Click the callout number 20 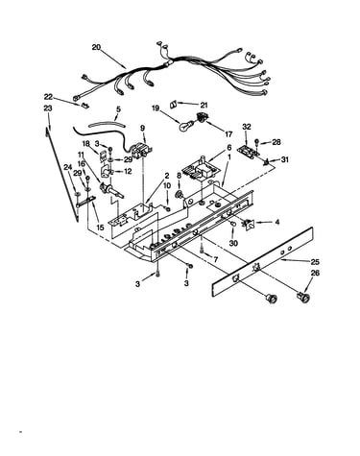pos(96,47)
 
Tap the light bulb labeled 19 pos(186,125)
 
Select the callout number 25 pos(315,262)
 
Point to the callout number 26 pos(315,273)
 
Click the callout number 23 pos(48,108)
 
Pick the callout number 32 pos(247,127)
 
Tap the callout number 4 pos(276,222)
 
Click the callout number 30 pos(233,243)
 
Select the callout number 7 pos(215,259)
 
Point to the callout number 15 pos(100,228)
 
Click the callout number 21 pos(204,105)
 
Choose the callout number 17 pos(228,134)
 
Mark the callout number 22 pos(48,97)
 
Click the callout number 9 pos(142,128)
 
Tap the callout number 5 pos(119,109)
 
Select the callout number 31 pos(284,159)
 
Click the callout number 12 pos(128,171)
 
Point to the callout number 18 pos(86,143)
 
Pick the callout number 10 pos(167,185)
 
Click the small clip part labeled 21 pos(173,105)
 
